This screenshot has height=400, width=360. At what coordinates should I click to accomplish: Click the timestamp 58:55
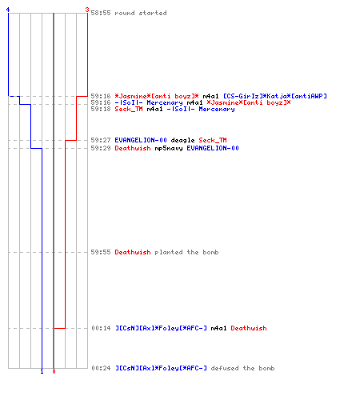pyautogui.click(x=101, y=13)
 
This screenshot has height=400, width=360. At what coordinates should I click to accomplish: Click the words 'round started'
pyautogui.click(x=141, y=13)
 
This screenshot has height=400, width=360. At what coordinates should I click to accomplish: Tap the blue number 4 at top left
pyautogui.click(x=8, y=10)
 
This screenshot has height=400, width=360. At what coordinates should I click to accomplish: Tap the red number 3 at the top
pyautogui.click(x=87, y=10)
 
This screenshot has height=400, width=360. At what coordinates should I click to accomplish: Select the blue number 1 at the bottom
pyautogui.click(x=42, y=371)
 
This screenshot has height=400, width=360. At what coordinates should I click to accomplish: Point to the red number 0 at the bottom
pyautogui.click(x=54, y=371)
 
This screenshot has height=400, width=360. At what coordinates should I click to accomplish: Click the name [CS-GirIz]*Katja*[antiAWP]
pyautogui.click(x=275, y=96)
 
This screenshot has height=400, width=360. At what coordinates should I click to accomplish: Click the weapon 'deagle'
pyautogui.click(x=182, y=140)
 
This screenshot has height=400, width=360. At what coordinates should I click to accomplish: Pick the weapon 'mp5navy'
pyautogui.click(x=169, y=148)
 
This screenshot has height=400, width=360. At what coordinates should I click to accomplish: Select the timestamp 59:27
pyautogui.click(x=101, y=140)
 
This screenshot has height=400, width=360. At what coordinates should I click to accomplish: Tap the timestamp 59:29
pyautogui.click(x=101, y=148)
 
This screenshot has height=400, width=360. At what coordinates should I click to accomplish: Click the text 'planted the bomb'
pyautogui.click(x=186, y=252)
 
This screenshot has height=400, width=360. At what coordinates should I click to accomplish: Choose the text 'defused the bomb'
pyautogui.click(x=242, y=368)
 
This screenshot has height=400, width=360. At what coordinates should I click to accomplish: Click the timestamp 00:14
pyautogui.click(x=101, y=328)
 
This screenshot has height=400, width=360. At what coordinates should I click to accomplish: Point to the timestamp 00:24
pyautogui.click(x=101, y=368)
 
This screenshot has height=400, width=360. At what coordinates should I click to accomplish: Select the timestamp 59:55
pyautogui.click(x=101, y=252)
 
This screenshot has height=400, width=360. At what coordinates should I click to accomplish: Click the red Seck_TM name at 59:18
pyautogui.click(x=129, y=109)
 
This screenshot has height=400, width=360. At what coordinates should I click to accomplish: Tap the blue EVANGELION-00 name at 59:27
pyautogui.click(x=141, y=140)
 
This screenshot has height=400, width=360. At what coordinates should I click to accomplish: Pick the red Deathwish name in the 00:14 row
pyautogui.click(x=249, y=328)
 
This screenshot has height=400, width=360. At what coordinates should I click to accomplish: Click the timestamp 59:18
pyautogui.click(x=101, y=109)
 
